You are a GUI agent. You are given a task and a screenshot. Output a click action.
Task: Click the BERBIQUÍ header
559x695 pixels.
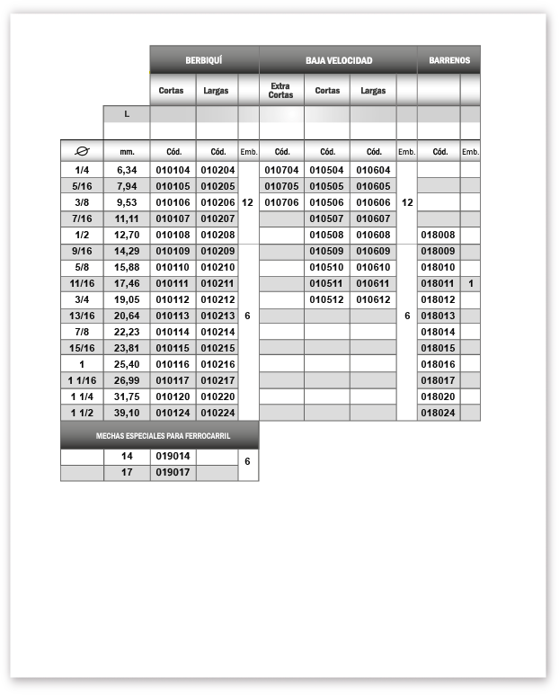(x=204, y=60)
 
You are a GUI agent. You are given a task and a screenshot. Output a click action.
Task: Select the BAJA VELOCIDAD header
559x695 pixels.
(x=338, y=60)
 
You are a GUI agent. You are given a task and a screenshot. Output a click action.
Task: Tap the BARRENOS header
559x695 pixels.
(x=448, y=60)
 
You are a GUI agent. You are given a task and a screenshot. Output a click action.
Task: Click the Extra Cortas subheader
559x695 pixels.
(x=281, y=90)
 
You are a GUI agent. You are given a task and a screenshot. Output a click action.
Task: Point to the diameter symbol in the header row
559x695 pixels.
(x=82, y=152)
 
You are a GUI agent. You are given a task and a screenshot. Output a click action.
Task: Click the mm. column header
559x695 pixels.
(x=127, y=152)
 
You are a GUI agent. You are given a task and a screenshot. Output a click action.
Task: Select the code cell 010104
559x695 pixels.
(x=173, y=170)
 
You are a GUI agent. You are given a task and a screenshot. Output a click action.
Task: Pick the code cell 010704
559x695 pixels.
(x=281, y=170)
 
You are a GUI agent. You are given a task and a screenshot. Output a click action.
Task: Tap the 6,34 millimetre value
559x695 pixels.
(x=127, y=170)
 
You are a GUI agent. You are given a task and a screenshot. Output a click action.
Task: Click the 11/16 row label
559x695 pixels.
(x=82, y=283)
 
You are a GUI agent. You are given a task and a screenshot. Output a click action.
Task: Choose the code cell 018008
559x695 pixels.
(x=439, y=235)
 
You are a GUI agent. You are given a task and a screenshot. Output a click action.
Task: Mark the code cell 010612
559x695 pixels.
(x=373, y=299)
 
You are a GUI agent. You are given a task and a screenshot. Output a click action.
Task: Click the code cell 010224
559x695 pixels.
(x=217, y=413)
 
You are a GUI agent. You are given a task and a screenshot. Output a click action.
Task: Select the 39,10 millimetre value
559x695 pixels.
(x=127, y=413)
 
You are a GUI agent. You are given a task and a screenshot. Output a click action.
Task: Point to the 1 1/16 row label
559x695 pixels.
(x=82, y=380)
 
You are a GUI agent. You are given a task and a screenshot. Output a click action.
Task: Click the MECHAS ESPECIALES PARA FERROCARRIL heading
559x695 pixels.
(x=159, y=436)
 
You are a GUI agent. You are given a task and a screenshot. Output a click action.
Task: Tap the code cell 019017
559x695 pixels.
(x=173, y=472)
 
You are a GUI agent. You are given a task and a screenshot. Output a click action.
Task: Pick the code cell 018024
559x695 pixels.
(x=439, y=413)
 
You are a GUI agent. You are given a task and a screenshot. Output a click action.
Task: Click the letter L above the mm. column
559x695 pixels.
(x=126, y=114)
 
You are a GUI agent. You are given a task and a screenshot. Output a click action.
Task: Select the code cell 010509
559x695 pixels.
(x=327, y=251)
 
